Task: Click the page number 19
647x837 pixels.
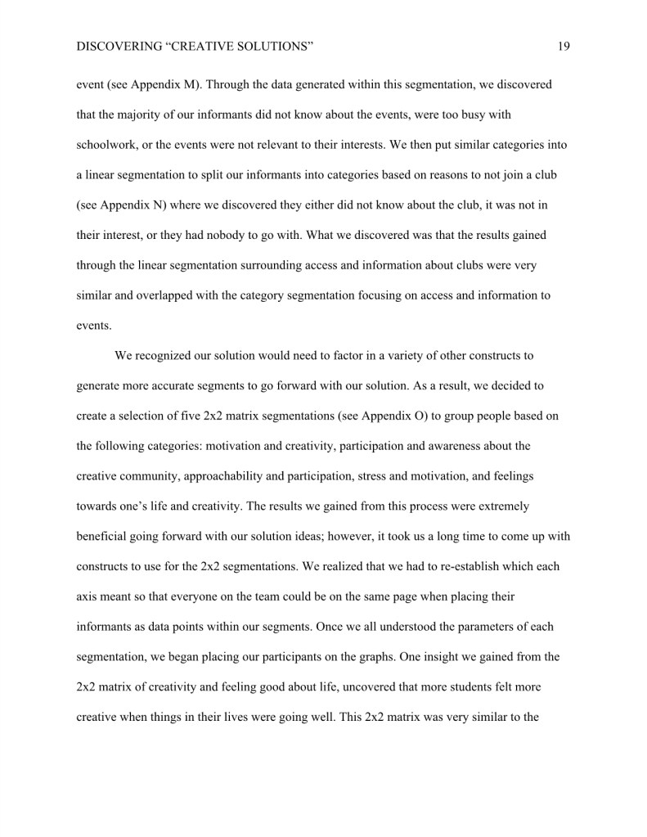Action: point(564,47)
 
